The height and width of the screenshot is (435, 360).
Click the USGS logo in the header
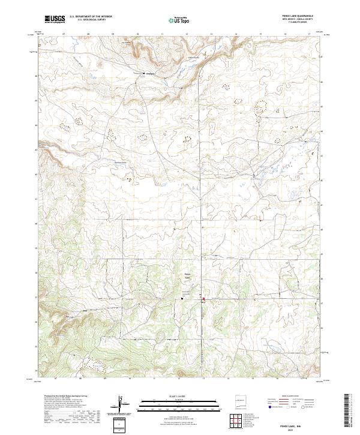[55, 19]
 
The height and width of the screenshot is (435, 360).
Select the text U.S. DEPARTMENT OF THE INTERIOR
[91, 17]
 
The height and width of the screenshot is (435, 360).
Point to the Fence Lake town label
[187, 277]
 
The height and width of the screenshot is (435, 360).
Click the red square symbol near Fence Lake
[203, 299]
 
